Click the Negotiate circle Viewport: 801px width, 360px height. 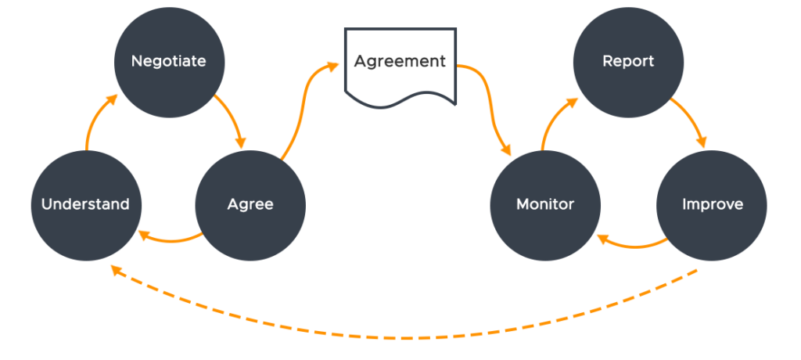(169, 61)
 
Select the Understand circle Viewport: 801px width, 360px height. (86, 205)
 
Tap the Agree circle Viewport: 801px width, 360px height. (250, 205)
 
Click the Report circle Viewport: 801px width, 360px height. (628, 61)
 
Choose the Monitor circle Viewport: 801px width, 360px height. (545, 205)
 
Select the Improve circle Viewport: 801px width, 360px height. (712, 205)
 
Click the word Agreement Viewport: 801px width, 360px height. (400, 61)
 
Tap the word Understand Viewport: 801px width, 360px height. (86, 205)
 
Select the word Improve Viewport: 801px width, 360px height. (712, 205)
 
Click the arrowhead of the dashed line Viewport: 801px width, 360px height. (116, 270)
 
